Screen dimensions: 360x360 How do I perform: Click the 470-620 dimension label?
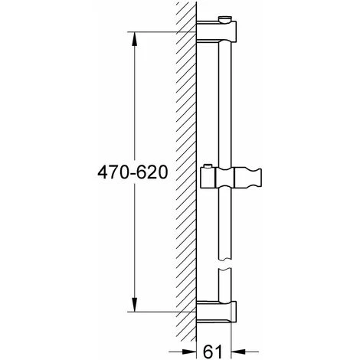[x=133, y=172]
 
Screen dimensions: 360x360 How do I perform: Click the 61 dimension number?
[x=213, y=352]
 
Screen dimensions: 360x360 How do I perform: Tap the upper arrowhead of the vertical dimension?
[x=135, y=39]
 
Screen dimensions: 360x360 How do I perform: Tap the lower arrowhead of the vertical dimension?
[x=135, y=305]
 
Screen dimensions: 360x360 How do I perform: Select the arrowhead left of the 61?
[x=188, y=352]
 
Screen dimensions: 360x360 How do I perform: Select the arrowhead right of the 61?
[x=238, y=352]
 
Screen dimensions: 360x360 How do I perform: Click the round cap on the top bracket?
[x=224, y=19]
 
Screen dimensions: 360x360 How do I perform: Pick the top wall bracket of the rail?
[x=217, y=31]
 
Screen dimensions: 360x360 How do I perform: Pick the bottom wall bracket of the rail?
[x=217, y=312]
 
